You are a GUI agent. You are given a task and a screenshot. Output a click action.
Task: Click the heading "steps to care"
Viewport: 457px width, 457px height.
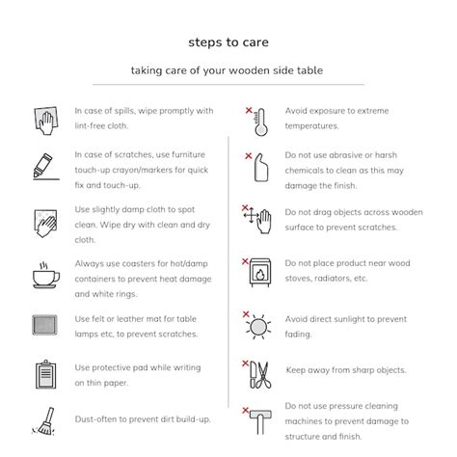(x=228, y=42)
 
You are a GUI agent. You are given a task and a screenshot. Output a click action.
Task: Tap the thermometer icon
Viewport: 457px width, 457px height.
(x=260, y=122)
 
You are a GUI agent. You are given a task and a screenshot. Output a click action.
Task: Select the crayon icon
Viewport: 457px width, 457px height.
(x=42, y=165)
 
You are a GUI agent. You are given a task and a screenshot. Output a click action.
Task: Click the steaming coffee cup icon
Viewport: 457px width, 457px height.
(x=46, y=276)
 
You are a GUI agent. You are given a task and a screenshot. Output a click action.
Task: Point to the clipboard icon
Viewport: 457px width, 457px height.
(x=45, y=375)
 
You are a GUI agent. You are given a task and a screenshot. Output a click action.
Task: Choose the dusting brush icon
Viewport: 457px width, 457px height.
(x=43, y=421)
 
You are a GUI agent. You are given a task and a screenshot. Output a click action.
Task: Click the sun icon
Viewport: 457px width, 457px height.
(x=258, y=327)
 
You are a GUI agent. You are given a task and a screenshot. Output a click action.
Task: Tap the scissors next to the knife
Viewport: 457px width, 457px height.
(x=265, y=375)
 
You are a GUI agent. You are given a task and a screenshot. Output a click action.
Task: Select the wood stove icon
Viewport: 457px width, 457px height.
(x=260, y=272)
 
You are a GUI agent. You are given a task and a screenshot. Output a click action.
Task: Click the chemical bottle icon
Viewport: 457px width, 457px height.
(x=261, y=168)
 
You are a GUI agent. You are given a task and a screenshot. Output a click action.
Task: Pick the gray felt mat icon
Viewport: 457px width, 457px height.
(x=44, y=325)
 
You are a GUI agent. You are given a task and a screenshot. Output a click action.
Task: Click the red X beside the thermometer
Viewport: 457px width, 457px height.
(x=249, y=110)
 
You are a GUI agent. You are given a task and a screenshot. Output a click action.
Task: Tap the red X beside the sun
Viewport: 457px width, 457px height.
(x=246, y=314)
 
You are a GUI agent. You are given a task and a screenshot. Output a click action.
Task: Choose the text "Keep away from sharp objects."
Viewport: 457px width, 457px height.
(x=346, y=370)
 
